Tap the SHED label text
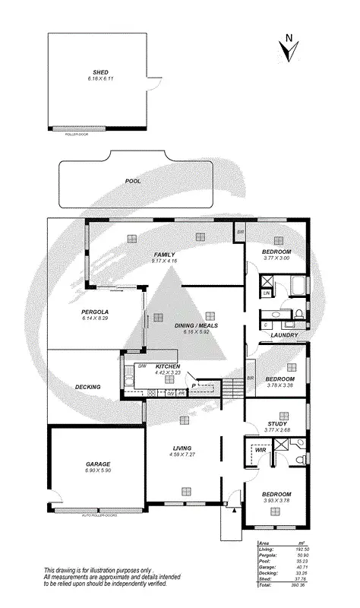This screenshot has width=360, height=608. [x=99, y=72]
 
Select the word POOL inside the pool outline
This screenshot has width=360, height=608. [x=133, y=182]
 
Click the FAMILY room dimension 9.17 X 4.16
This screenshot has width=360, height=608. [x=165, y=261]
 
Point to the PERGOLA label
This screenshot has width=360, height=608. [x=96, y=312]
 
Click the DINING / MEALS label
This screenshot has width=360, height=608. [x=197, y=325]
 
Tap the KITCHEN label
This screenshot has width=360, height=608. [x=168, y=366]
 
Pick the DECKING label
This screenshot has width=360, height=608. [x=88, y=388]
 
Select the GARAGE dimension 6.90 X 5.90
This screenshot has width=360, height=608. [x=98, y=470]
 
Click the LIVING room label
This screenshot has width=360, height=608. [x=182, y=448]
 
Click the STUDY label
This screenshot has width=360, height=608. [x=276, y=424]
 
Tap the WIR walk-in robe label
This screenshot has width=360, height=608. [x=260, y=451]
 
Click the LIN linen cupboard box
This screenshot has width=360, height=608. [x=267, y=293]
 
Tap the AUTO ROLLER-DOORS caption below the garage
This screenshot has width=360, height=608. [x=99, y=515]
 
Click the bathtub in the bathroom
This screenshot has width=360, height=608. [x=298, y=286]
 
